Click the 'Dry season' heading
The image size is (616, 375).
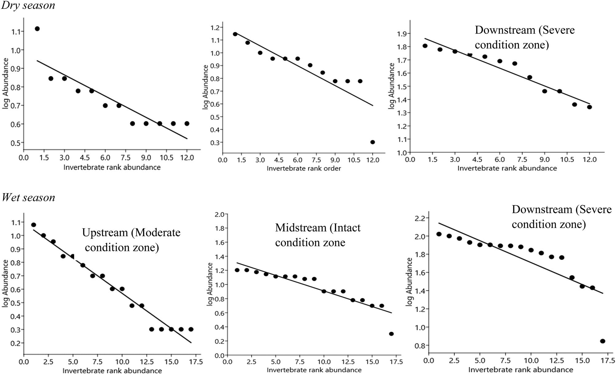[28, 5]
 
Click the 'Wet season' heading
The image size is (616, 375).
[28, 197]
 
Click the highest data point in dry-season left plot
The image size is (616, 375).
[37, 29]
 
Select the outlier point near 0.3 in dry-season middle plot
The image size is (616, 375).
[372, 142]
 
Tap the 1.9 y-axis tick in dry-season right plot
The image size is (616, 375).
[402, 34]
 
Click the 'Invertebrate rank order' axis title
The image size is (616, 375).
[304, 168]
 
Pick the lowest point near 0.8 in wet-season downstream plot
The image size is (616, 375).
[602, 341]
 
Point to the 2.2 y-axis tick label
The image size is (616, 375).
[420, 218]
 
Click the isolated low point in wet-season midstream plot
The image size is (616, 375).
[391, 334]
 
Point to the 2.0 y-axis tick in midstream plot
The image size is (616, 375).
[219, 214]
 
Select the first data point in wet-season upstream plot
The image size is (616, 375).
[34, 225]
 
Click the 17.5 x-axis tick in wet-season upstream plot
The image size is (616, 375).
[196, 362]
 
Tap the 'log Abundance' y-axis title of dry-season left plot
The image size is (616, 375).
[6, 83]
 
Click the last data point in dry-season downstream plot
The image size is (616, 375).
[589, 107]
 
